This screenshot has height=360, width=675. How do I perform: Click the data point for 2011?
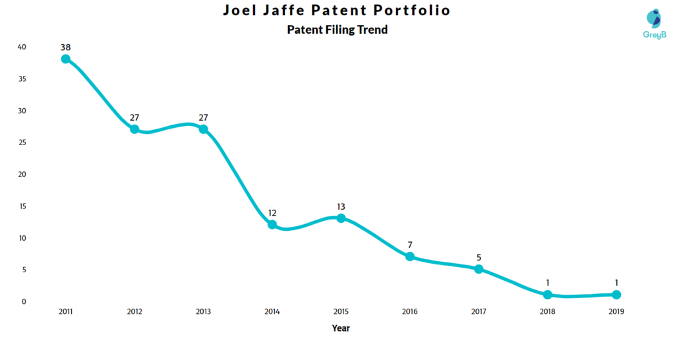tap(65, 59)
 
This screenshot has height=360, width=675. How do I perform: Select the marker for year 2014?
tap(272, 224)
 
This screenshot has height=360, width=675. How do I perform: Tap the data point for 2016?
tap(410, 256)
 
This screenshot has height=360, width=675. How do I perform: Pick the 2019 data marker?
tap(616, 295)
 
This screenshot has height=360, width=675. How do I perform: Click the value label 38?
tap(65, 47)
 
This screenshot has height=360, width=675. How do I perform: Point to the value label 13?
tap(341, 207)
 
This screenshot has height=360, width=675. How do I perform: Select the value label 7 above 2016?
tap(410, 245)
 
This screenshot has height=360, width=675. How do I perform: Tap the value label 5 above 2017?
tap(479, 258)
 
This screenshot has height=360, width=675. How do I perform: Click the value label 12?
tap(272, 213)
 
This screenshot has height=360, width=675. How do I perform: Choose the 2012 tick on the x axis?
tap(134, 311)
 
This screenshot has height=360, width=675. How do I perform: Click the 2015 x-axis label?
tap(341, 311)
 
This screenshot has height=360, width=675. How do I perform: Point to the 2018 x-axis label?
tap(548, 311)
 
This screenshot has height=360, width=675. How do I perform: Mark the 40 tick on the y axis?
tap(22, 47)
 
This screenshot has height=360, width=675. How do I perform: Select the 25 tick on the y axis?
tap(22, 142)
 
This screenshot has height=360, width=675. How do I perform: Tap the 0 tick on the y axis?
tap(24, 301)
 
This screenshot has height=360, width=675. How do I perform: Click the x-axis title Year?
tap(341, 328)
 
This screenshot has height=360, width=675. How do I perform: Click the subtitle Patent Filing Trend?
tap(337, 30)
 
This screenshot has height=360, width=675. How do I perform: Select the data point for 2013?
tap(203, 129)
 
